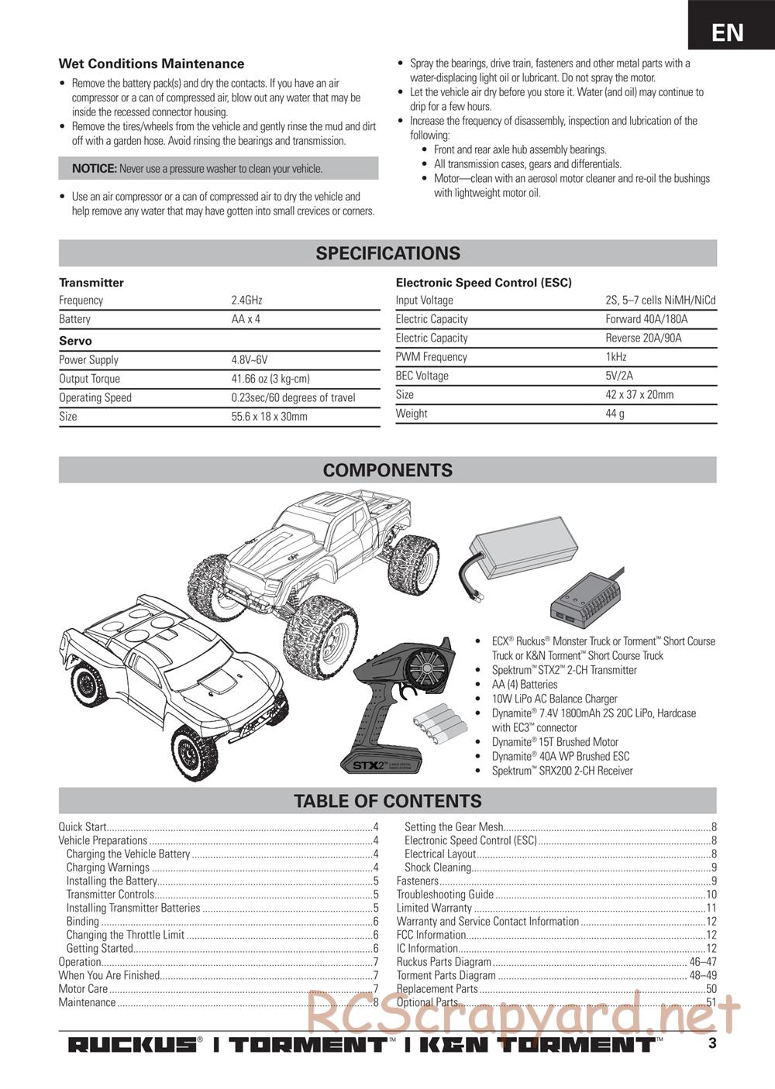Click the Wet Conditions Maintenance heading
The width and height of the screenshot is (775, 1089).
coord(151,64)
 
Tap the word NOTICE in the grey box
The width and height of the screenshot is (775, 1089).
coord(94,169)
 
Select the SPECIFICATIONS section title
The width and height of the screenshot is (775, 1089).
coord(387,253)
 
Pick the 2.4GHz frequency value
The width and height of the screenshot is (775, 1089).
coord(246,301)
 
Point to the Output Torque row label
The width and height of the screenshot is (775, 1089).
coord(89,379)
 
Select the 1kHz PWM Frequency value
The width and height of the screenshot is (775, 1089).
coord(616,357)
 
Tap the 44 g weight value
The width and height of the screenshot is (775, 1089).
coord(615,414)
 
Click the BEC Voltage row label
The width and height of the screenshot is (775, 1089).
coord(422,376)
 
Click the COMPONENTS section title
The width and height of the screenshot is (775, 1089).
coord(387,470)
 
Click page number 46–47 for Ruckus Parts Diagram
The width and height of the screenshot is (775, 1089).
coord(703,962)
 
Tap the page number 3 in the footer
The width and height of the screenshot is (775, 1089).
coord(712,1043)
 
